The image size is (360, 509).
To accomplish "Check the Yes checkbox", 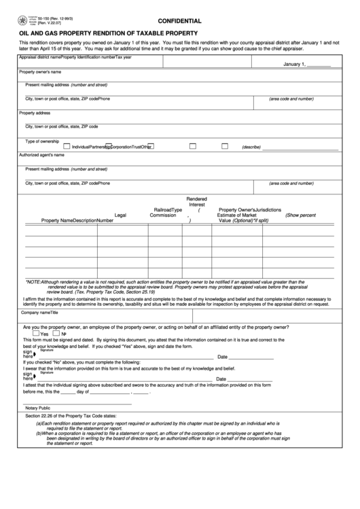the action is tap(36, 334).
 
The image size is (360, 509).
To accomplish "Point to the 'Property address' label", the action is tap(35, 113).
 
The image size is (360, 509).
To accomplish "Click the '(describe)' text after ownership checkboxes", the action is tap(251, 146).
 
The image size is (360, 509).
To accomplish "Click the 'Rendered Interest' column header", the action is tap(197, 201).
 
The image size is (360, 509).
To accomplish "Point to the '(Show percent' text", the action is tap(300, 215).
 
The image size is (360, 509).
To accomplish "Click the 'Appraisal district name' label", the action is tap(39, 57).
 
